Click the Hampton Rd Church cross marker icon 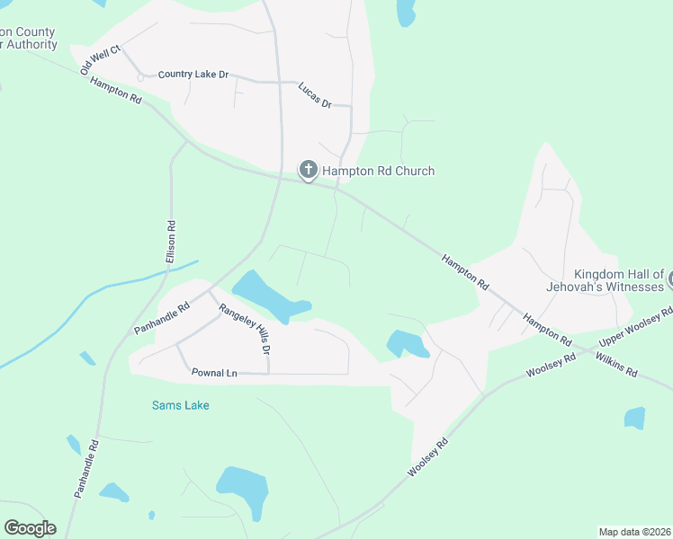308,170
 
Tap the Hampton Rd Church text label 379,171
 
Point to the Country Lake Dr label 193,75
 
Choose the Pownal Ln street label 213,371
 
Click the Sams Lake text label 180,405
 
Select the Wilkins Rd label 616,364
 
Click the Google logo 30,528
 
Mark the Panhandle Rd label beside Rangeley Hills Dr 162,318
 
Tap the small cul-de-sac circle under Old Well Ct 140,78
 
